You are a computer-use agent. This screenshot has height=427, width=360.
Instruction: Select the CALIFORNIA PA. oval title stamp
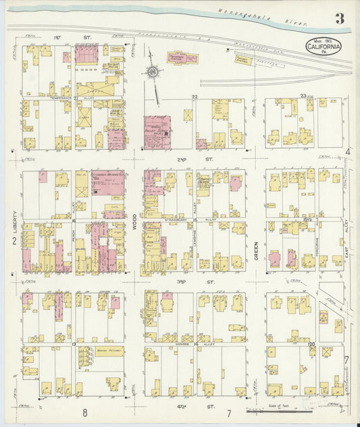(324, 47)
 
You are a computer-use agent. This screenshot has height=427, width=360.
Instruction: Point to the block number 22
(195, 97)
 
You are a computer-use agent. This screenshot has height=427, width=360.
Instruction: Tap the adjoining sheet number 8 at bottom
(86, 412)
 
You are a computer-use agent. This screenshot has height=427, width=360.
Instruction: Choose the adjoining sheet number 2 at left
(14, 241)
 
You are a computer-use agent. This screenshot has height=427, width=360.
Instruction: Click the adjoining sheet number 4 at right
(348, 151)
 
